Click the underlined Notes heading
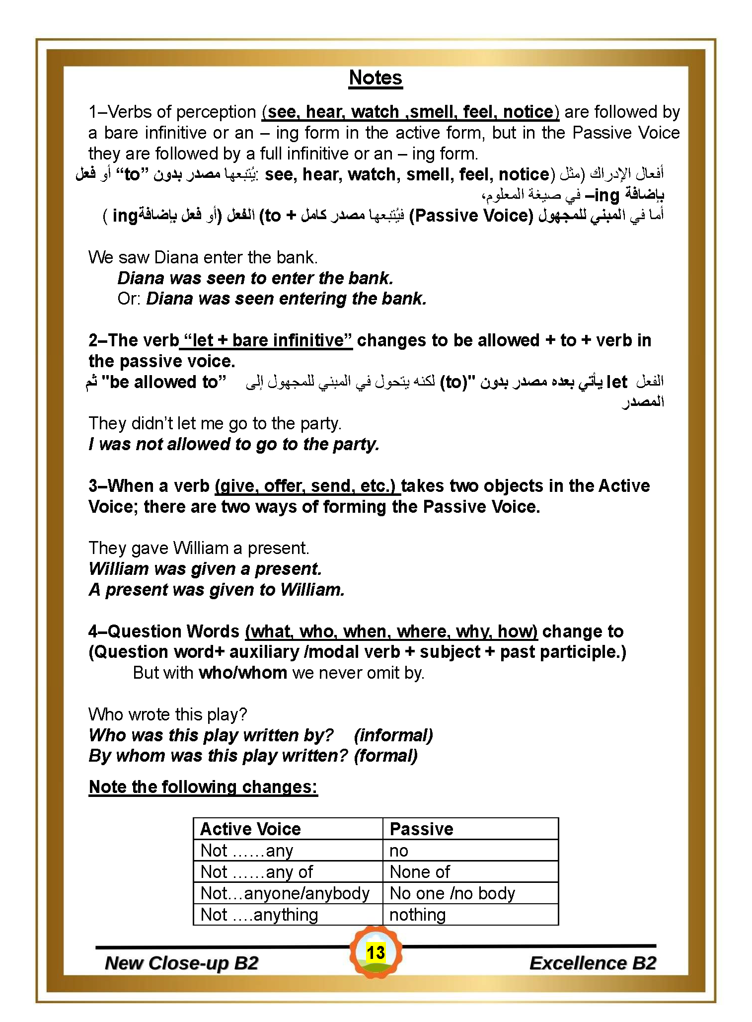click(x=376, y=78)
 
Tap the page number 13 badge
click(x=376, y=952)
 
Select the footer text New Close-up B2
click(x=182, y=963)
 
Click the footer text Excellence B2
click(x=593, y=963)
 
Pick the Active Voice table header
click(x=250, y=829)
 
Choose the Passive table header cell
click(x=421, y=829)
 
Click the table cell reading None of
click(x=420, y=871)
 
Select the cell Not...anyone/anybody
click(x=285, y=893)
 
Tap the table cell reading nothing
click(x=417, y=914)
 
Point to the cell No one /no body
click(x=452, y=893)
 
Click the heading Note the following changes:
click(x=203, y=786)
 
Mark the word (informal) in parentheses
click(x=393, y=735)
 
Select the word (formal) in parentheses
click(x=386, y=755)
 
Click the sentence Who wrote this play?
click(x=168, y=714)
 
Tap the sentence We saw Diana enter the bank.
click(x=203, y=257)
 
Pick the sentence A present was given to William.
click(x=217, y=589)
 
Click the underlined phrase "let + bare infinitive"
click(x=268, y=340)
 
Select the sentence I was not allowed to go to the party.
click(x=234, y=444)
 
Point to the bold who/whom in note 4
click(x=243, y=673)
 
